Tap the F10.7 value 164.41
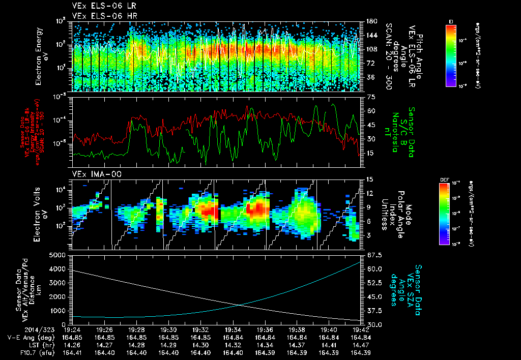coord(72,353)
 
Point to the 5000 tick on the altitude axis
coord(60,255)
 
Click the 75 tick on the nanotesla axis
coord(367,96)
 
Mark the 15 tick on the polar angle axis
coord(367,179)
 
